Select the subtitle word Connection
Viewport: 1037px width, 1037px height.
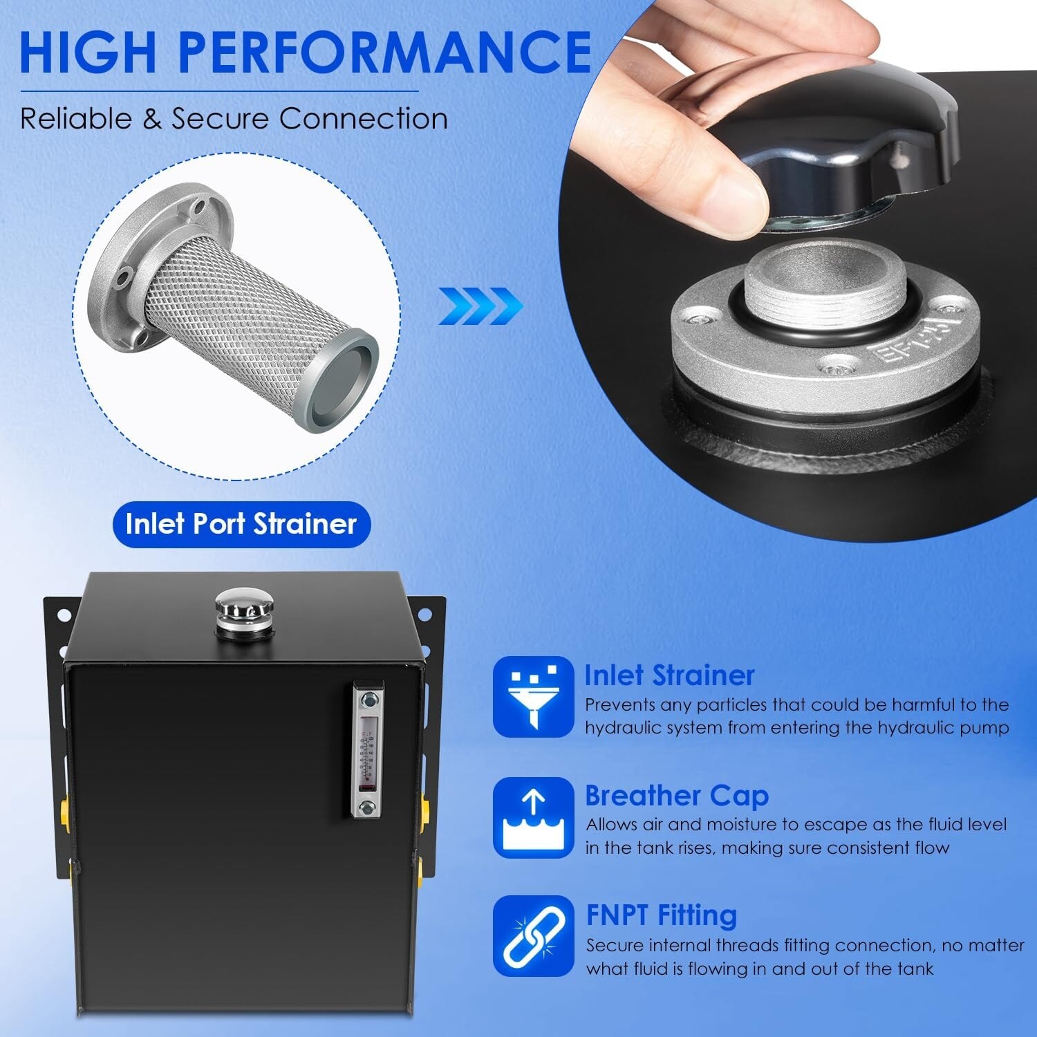364,119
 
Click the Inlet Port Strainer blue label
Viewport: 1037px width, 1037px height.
241,524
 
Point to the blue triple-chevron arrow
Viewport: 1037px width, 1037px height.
480,306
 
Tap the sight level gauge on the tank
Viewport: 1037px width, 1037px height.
367,750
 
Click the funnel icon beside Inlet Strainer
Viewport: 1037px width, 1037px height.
533,696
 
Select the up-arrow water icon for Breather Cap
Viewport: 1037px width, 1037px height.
533,817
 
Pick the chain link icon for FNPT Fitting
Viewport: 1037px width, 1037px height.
533,936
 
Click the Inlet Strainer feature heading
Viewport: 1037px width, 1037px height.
669,675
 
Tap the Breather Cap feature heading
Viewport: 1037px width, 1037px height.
676,796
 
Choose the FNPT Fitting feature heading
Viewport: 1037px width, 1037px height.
662,915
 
